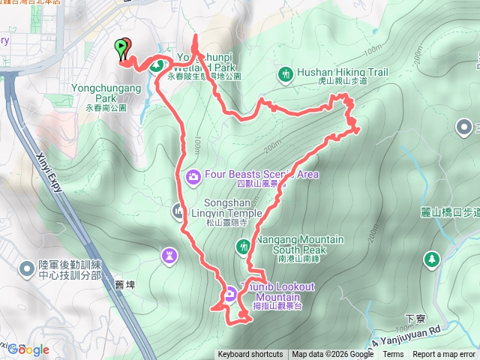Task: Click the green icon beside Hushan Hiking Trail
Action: click(285, 73)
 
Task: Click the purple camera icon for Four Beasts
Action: click(193, 176)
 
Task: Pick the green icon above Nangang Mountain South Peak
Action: click(243, 245)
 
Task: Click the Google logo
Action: click(28, 349)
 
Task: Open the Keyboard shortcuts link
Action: click(250, 355)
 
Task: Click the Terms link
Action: click(393, 355)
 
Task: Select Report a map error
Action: click(445, 355)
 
